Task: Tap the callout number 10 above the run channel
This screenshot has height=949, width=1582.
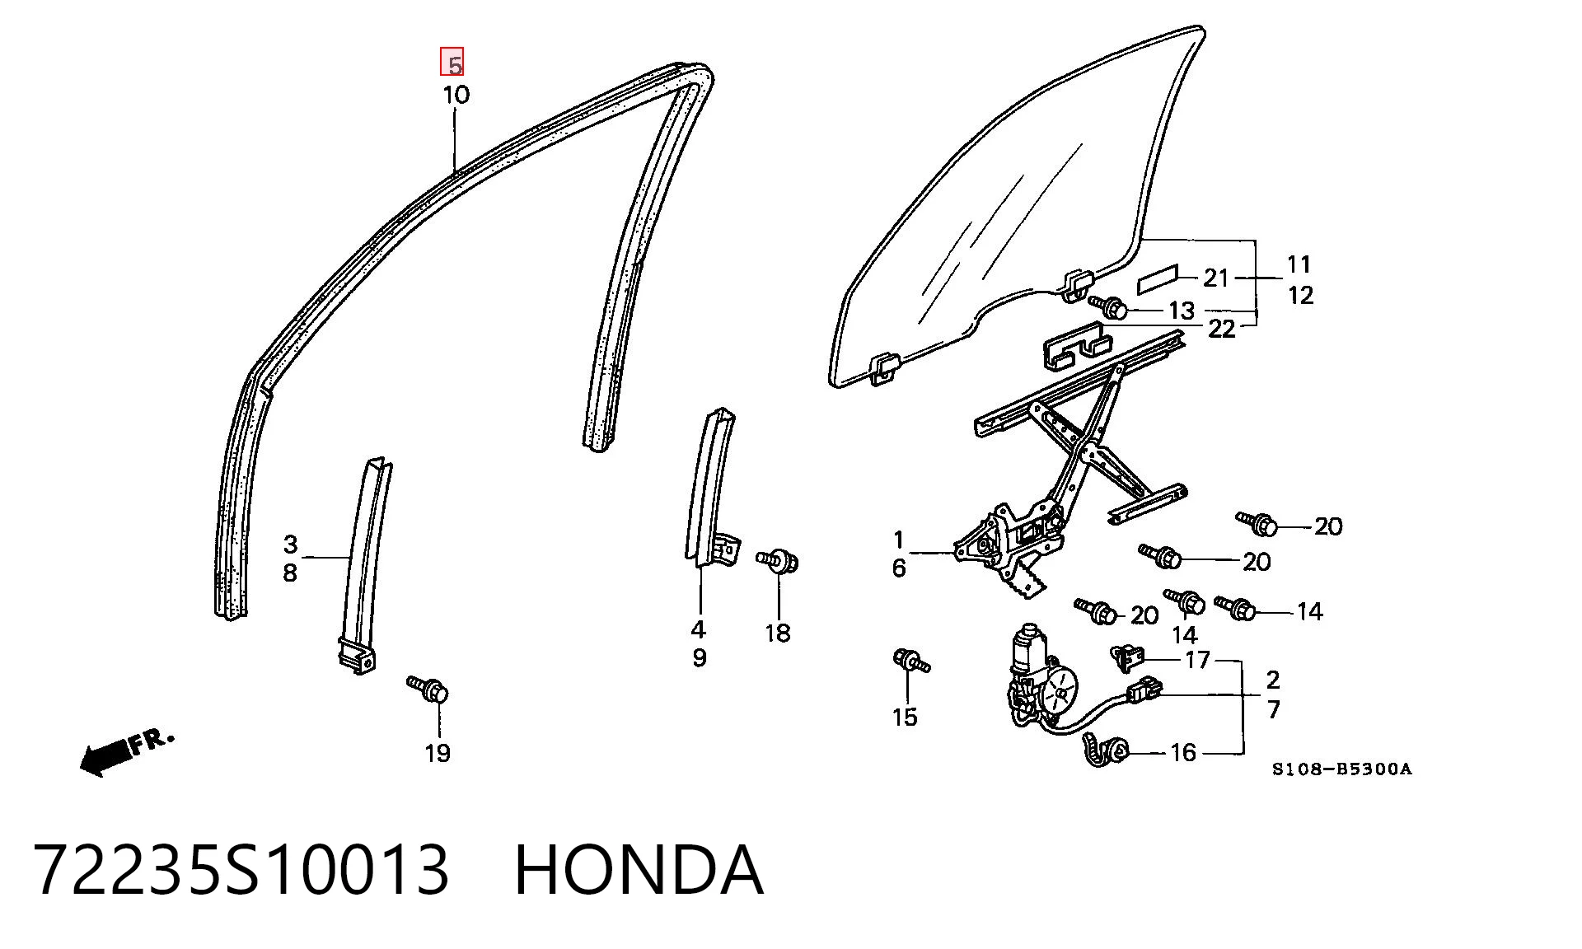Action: click(456, 95)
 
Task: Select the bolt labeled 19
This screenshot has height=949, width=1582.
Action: click(428, 688)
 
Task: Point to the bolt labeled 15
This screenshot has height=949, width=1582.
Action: click(911, 660)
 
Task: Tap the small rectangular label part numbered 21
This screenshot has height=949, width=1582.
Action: click(1158, 279)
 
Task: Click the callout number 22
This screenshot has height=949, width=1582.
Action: click(1221, 330)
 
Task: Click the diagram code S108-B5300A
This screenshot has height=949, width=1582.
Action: click(1341, 769)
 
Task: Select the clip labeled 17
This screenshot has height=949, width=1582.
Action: click(1128, 657)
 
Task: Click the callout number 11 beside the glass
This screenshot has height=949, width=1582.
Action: click(1299, 264)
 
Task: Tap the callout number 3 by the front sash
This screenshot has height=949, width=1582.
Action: click(290, 545)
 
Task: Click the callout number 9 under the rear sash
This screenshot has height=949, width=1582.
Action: click(700, 658)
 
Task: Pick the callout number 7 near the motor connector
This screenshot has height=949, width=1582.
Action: click(1274, 709)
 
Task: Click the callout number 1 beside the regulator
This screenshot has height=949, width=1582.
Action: click(899, 540)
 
